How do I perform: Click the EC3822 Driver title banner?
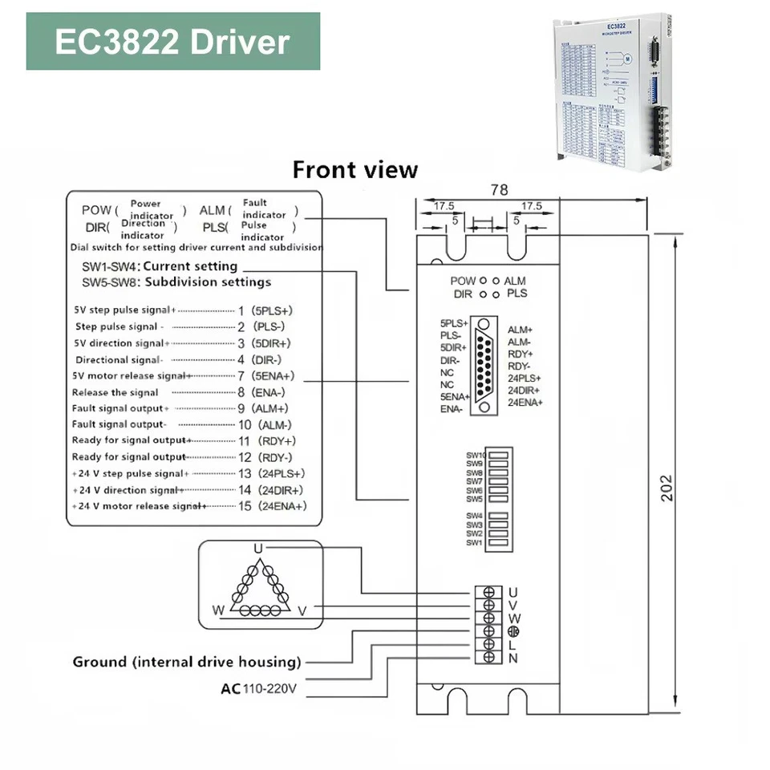pos(172,41)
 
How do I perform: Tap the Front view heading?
pos(355,170)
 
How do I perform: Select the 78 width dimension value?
pos(499,190)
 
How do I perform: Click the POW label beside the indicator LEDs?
pos(462,282)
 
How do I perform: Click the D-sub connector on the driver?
pos(484,364)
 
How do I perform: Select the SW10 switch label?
pos(476,456)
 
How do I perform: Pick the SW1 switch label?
pos(475,543)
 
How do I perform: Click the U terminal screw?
pos(488,593)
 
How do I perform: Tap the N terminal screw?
pos(488,659)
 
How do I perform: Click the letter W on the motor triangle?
pos(217,610)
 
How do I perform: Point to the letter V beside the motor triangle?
pos(302,610)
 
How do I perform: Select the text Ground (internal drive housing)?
pos(187,663)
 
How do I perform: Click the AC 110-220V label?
pos(259,688)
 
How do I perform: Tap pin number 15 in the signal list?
pos(245,506)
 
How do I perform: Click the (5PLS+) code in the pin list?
pos(271,310)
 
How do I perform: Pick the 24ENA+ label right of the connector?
pos(525,401)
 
